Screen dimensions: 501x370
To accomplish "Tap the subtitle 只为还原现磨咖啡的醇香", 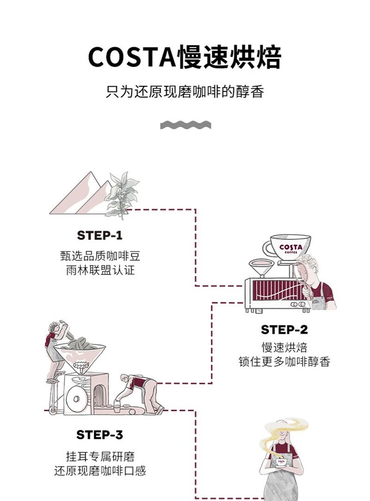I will tap(185, 91).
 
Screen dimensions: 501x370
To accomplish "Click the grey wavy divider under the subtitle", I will tap(185, 125).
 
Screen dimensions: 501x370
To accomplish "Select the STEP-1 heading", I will tap(100, 235).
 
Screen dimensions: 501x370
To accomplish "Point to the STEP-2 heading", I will tap(284, 330).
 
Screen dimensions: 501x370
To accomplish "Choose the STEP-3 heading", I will tap(100, 435).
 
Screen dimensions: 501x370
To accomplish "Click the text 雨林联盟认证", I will tap(100, 270).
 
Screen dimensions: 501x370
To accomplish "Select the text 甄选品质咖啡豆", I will tap(100, 255).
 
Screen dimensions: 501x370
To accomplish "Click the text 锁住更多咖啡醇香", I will tap(284, 362).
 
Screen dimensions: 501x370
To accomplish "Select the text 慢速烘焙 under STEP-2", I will tap(284, 347).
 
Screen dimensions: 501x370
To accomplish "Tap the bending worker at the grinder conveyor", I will tap(139, 392).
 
